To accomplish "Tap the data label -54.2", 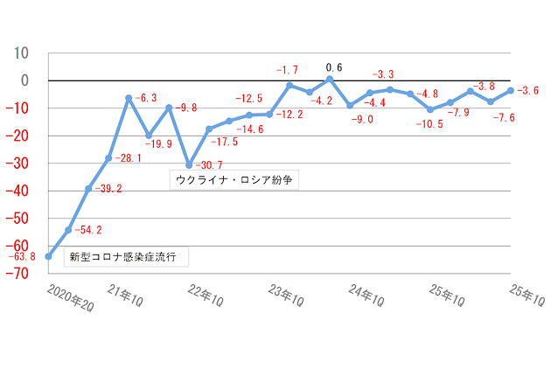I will (88, 230).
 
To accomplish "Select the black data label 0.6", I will (333, 67).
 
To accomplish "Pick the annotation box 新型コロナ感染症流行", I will (128, 258).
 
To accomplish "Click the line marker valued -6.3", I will (129, 98).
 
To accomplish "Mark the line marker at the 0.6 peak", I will (330, 80).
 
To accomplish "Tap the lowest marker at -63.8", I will (48, 257).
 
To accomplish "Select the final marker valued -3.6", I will (511, 90).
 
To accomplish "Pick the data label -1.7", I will (288, 69).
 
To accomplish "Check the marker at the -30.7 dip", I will (189, 164).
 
